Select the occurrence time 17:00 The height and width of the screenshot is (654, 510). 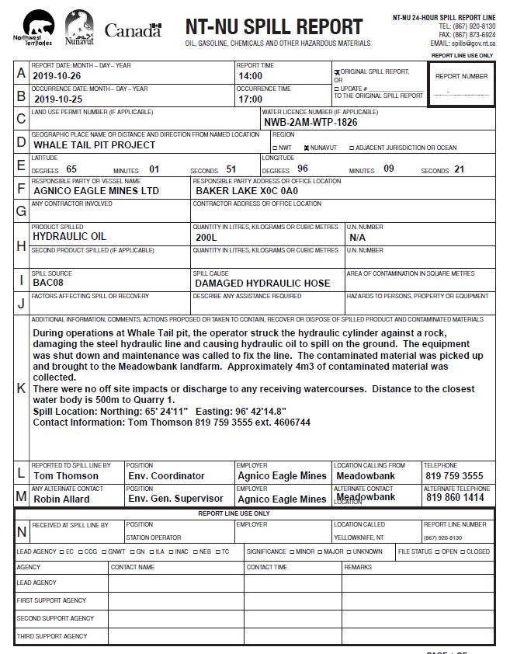[250, 99]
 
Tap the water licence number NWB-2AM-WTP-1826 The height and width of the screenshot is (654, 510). [311, 122]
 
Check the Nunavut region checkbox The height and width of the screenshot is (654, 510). [307, 147]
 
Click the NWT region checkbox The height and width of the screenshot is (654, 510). [275, 147]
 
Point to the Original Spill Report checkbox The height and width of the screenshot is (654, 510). [337, 72]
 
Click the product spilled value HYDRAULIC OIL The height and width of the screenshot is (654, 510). [70, 236]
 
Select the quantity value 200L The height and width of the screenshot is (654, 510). [206, 237]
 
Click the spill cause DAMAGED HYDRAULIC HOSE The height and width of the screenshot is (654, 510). [262, 284]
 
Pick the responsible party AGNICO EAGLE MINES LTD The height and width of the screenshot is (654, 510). [95, 190]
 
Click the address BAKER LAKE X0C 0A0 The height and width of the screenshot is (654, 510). [246, 190]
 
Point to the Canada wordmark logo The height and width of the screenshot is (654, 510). [133, 31]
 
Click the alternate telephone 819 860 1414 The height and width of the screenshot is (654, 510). [454, 498]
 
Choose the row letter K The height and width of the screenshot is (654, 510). [21, 388]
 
